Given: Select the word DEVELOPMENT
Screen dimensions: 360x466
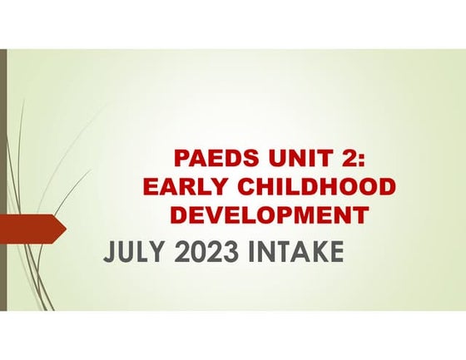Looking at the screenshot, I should click(x=269, y=215).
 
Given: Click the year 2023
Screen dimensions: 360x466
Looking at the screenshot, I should click(x=207, y=252).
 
